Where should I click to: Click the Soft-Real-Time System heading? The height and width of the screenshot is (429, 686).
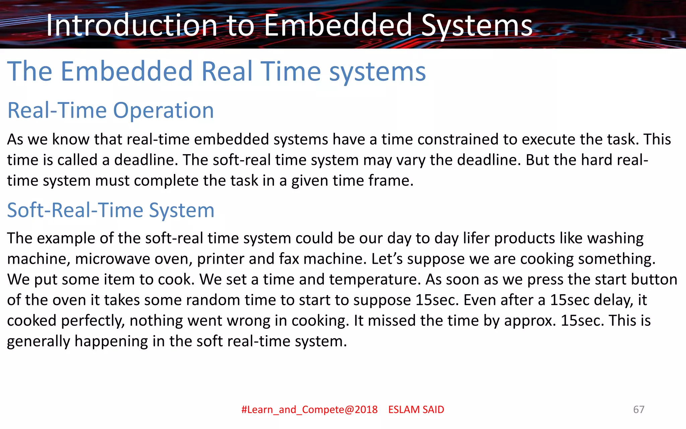coord(111,210)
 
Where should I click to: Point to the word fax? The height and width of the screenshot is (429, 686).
coord(289,259)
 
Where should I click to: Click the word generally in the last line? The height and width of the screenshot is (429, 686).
coord(38,341)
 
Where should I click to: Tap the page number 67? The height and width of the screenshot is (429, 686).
coord(638,410)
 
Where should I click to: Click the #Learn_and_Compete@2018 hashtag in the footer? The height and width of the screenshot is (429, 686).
coord(310,410)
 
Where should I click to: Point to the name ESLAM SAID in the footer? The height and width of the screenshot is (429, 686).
coord(416,410)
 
